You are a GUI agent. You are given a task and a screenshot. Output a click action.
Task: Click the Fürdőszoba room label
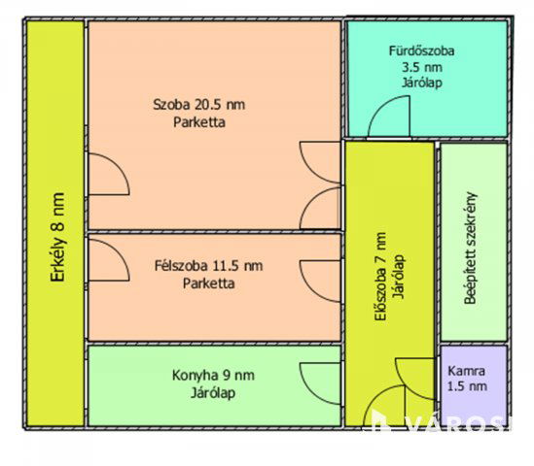[421, 51]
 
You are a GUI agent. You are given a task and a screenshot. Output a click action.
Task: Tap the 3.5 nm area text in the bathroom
[422, 67]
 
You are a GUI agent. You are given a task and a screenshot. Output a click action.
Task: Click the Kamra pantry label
[466, 371]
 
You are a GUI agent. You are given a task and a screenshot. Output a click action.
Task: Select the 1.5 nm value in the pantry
[467, 386]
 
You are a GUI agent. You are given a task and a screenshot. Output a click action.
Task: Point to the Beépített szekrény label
[471, 248]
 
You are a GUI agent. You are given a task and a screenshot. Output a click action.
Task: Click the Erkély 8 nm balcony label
[57, 237]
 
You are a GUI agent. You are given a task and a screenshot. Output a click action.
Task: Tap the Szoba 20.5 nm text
[198, 104]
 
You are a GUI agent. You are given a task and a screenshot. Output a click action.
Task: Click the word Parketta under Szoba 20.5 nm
[199, 122]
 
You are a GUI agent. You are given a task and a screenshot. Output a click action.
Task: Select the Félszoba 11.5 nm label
[209, 265]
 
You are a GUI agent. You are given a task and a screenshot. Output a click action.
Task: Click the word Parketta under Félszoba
[209, 283]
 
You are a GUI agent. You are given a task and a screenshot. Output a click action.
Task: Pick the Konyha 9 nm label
[213, 376]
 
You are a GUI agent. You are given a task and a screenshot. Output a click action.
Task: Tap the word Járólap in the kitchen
[213, 393]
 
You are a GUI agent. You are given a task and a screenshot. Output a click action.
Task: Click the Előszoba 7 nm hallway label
[380, 277]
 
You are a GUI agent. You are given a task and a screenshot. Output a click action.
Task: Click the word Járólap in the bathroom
[422, 83]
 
